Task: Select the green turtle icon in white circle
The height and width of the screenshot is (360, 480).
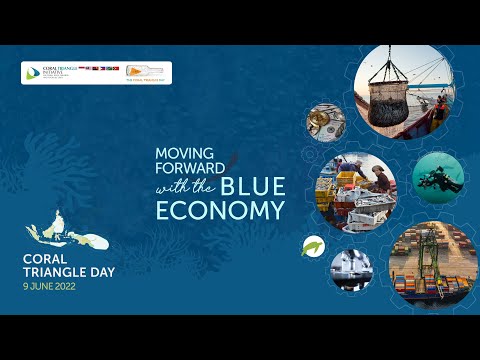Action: coord(313,246)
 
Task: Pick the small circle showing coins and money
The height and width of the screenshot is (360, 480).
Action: coord(324,120)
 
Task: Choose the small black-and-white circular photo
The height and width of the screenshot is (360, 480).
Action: coord(351,269)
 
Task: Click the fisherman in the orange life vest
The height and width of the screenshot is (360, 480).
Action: coord(434,119)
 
